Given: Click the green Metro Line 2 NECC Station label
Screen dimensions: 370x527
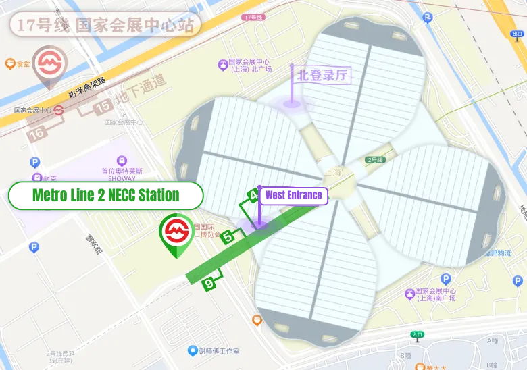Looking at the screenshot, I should point(105,196).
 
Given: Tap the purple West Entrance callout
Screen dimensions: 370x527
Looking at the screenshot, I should point(293,196).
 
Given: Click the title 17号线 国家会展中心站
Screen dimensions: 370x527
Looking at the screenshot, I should point(105,26).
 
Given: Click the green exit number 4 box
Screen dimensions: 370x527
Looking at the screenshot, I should point(253,197).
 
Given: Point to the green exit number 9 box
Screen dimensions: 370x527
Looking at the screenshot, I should point(209,284).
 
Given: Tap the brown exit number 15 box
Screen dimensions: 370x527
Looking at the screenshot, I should point(103,107).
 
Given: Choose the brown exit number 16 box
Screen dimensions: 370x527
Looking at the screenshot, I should point(37,133).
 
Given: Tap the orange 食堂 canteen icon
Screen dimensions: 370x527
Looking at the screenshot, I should point(10,64).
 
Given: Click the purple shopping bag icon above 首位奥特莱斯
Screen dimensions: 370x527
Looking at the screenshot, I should point(122,161).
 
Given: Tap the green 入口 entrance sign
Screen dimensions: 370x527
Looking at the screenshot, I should point(417,334).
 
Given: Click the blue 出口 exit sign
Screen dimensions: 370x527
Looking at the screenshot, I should point(517,33).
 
